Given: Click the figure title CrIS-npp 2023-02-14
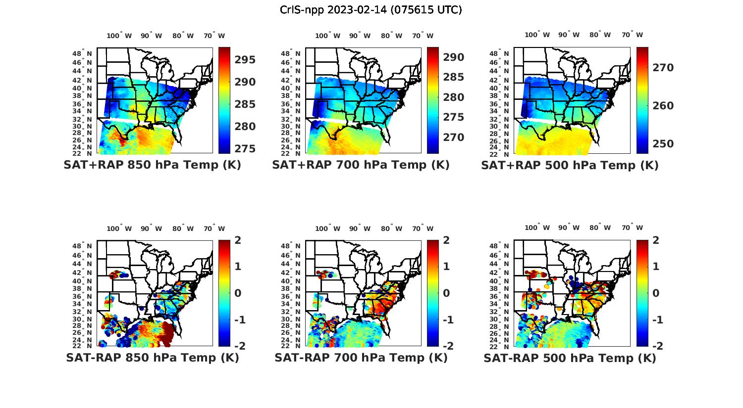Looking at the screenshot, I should tap(371, 10).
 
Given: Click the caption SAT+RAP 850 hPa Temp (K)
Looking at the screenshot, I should tap(152, 165).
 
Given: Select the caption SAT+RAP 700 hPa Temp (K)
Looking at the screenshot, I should tap(361, 165).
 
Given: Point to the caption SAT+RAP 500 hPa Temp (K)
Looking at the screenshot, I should tap(570, 165).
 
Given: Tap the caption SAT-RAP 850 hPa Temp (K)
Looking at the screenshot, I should tap(152, 358).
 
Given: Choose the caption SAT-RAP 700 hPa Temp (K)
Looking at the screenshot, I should tap(361, 358).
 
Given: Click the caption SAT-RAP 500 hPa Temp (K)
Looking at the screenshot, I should tap(570, 358).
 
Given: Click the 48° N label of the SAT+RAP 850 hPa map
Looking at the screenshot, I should tap(83, 53).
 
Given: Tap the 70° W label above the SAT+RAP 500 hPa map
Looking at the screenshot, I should tap(633, 35).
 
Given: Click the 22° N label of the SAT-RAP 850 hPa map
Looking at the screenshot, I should tap(83, 346).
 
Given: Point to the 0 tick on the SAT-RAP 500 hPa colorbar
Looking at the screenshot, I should tap(656, 293).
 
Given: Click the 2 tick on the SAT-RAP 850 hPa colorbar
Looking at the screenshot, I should tap(238, 240).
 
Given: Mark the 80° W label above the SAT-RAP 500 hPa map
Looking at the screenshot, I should tap(600, 227).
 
